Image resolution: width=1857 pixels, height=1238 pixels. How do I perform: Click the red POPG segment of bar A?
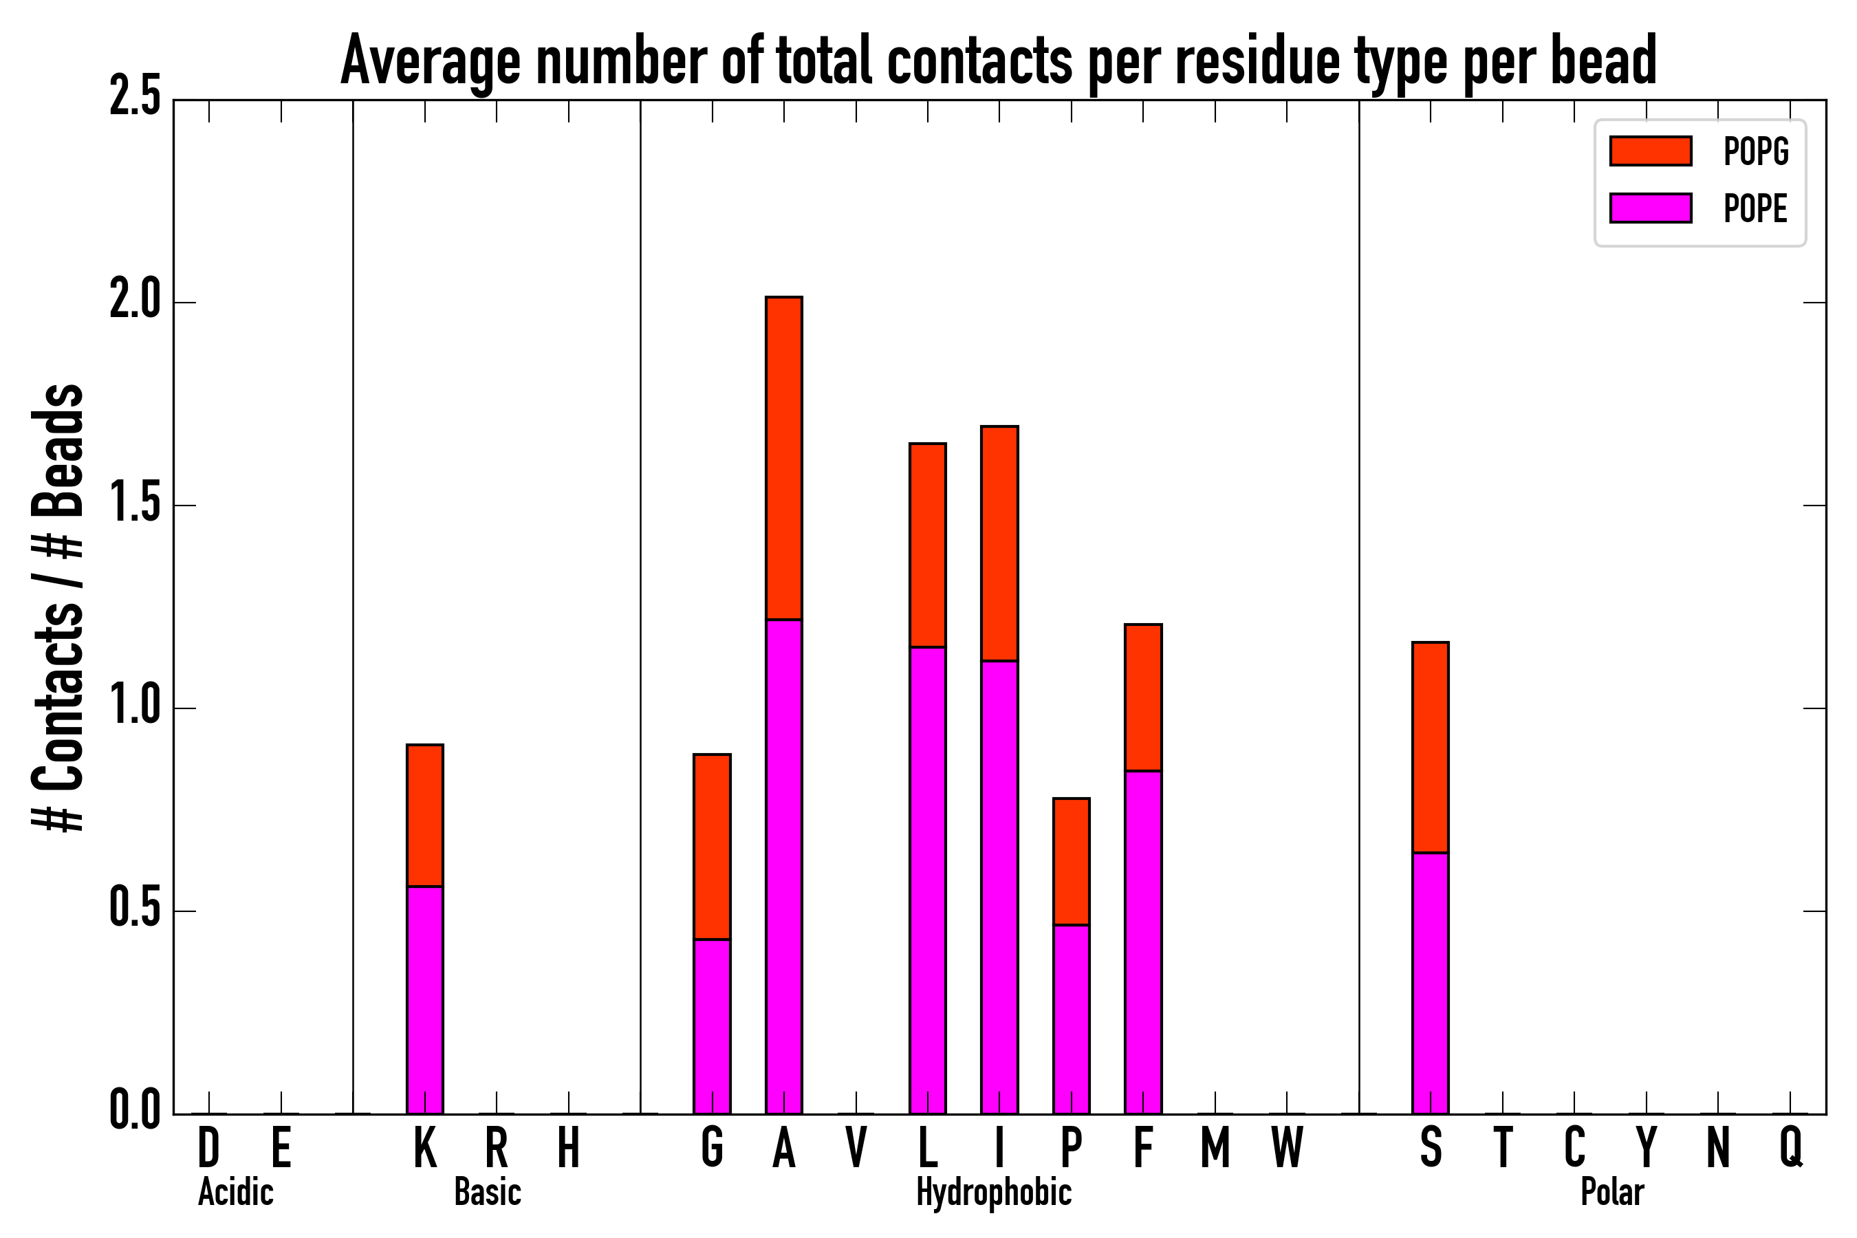point(783,458)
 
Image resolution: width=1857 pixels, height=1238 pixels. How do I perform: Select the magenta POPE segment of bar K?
point(425,999)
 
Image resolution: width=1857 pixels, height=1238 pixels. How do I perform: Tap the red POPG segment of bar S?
point(1430,747)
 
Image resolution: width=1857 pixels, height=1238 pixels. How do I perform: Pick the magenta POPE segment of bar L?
point(927,880)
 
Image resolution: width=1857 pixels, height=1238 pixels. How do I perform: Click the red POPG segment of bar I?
point(999,543)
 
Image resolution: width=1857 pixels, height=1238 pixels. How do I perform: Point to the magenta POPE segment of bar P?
point(1071,1019)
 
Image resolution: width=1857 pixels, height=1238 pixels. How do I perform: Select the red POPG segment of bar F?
point(1142,697)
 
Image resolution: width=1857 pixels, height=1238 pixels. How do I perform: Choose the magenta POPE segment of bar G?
point(711,1026)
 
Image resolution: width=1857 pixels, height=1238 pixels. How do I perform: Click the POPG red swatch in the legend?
point(1650,151)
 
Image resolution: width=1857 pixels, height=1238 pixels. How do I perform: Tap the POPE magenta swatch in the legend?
point(1650,208)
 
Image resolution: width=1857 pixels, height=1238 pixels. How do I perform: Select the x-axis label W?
point(1286,1147)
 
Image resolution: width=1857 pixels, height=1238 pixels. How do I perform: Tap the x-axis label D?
point(208,1147)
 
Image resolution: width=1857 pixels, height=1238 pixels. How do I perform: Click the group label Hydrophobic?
point(993,1192)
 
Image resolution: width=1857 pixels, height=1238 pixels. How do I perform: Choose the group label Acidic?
point(235,1192)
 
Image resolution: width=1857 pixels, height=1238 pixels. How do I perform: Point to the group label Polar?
point(1611,1192)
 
